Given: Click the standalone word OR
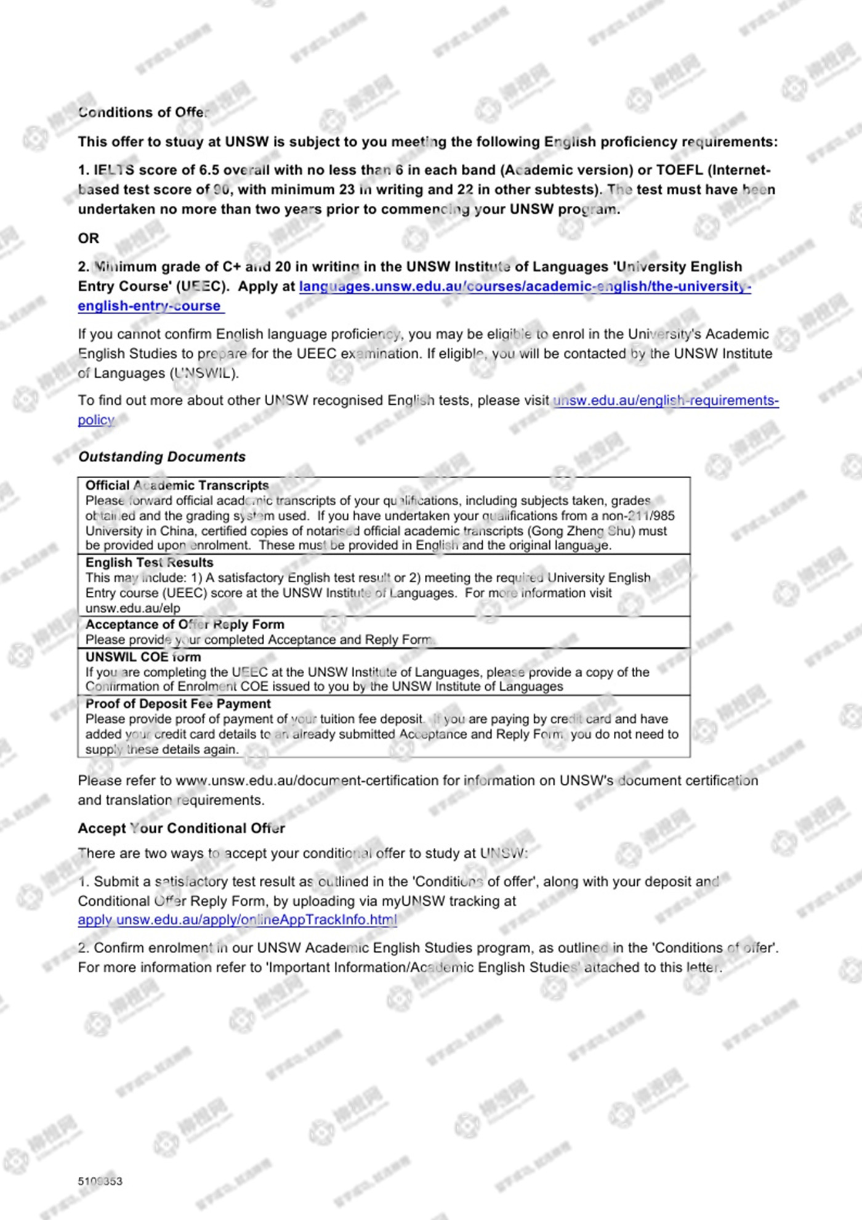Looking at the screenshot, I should [x=88, y=238].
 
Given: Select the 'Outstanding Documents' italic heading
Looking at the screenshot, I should [x=161, y=457].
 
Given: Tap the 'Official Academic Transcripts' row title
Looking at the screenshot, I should [x=177, y=486].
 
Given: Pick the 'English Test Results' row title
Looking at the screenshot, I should [x=149, y=563].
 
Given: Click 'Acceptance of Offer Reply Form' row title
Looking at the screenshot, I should [x=185, y=624].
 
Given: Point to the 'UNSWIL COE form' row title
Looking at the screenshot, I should [x=143, y=657].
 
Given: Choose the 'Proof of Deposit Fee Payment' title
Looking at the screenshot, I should [x=178, y=704].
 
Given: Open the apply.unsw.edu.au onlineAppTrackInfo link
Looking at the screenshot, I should [x=237, y=920].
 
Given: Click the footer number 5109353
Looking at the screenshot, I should [x=100, y=1181].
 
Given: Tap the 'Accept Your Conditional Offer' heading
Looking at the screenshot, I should [x=181, y=828].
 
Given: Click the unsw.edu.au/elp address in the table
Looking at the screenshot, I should [x=132, y=608].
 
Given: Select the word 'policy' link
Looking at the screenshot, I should [x=96, y=420].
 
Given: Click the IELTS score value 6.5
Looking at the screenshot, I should [x=209, y=170].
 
